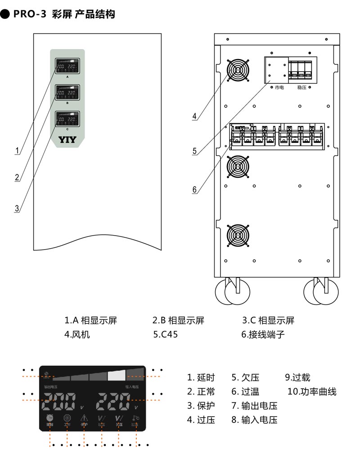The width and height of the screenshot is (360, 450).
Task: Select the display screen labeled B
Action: pyautogui.click(x=67, y=93)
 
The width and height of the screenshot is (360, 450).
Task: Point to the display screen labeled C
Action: pyautogui.click(x=67, y=119)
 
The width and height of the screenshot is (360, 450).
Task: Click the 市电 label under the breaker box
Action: pyautogui.click(x=279, y=87)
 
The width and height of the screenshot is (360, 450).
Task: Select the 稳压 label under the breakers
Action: pyautogui.click(x=301, y=87)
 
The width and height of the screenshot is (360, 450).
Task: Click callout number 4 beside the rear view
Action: pyautogui.click(x=194, y=116)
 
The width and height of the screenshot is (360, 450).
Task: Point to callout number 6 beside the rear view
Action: pyautogui.click(x=194, y=190)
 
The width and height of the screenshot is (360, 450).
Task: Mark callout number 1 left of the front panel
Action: pyautogui.click(x=17, y=150)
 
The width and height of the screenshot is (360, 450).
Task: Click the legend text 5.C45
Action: pyautogui.click(x=165, y=335)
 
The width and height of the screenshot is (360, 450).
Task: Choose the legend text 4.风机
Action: pyautogui.click(x=77, y=335)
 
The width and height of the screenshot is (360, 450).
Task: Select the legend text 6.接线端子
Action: pyautogui.click(x=263, y=335)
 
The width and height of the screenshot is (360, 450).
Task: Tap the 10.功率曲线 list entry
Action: pyautogui.click(x=312, y=391)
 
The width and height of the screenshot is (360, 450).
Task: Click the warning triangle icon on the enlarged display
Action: pyautogui.click(x=84, y=419)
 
